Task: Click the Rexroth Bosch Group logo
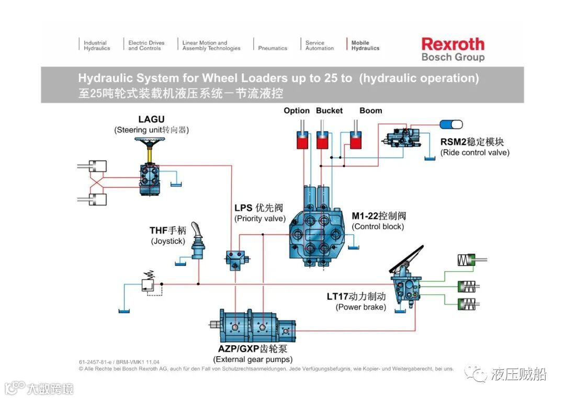pos(453,49)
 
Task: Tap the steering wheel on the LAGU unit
pos(151,141)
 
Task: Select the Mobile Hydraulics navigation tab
pos(365,45)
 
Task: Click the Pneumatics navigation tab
pos(273,48)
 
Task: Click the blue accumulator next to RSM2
pos(451,124)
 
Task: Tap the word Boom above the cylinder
pos(371,110)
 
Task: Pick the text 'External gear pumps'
pos(253,359)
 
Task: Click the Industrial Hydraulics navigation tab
pos(97,45)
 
